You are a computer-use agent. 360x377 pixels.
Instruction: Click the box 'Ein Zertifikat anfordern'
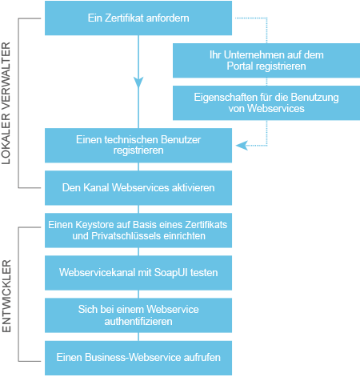pyautogui.click(x=138, y=18)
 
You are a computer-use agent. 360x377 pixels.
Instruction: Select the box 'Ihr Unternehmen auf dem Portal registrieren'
pyautogui.click(x=255, y=61)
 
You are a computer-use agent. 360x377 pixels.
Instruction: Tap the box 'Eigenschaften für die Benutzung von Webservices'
pyautogui.click(x=255, y=102)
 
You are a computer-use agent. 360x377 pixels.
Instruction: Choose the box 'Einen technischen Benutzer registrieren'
pyautogui.click(x=138, y=145)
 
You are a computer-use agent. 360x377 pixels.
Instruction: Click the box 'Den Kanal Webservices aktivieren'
pyautogui.click(x=138, y=188)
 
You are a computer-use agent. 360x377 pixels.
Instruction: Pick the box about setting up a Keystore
pyautogui.click(x=138, y=231)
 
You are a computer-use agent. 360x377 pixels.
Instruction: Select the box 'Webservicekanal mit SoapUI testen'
pyautogui.click(x=138, y=272)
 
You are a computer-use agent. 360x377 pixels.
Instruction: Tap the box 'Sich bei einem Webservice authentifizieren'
pyautogui.click(x=138, y=315)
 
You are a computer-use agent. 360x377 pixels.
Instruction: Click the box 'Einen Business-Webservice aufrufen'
pyautogui.click(x=138, y=357)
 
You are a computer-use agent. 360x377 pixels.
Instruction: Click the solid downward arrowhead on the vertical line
pyautogui.click(x=138, y=82)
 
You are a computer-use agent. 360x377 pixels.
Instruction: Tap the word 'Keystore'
pyautogui.click(x=98, y=225)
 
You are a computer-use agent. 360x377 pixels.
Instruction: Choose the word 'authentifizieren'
pyautogui.click(x=138, y=320)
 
